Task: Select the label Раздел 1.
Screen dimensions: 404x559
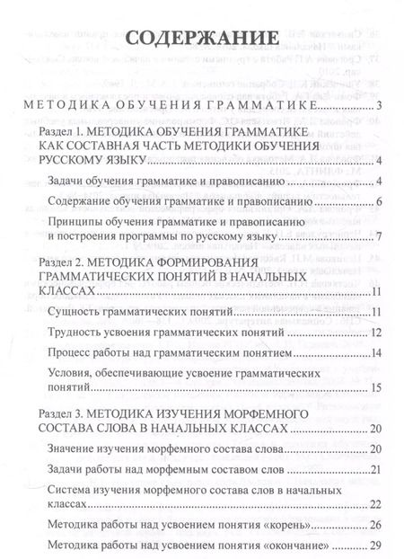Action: click(x=58, y=132)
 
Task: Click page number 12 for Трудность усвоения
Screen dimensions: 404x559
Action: click(x=377, y=306)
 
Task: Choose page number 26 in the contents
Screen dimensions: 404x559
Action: click(x=377, y=524)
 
